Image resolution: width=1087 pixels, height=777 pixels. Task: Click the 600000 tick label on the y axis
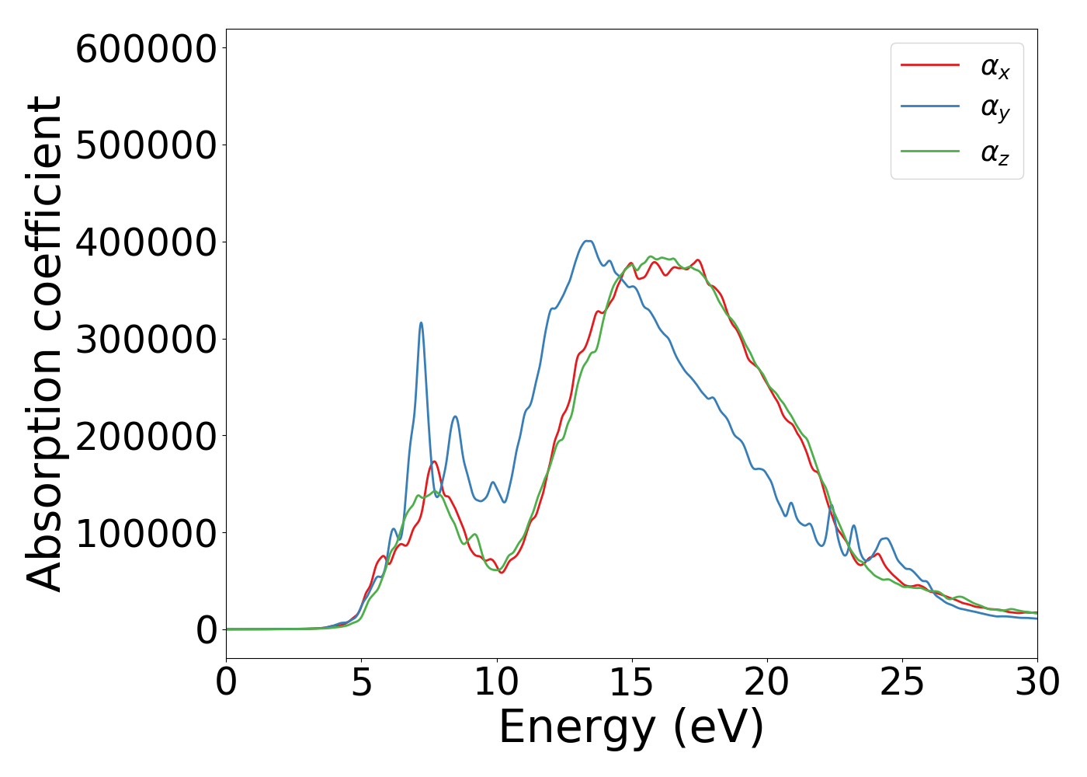[145, 49]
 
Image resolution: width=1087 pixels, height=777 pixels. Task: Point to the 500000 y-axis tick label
[145, 145]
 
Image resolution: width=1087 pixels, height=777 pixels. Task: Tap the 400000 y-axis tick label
[145, 242]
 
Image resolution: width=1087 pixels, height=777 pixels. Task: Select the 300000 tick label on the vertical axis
[145, 340]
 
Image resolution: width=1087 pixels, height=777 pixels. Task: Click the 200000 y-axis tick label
[145, 436]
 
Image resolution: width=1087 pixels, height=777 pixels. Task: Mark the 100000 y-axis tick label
[145, 533]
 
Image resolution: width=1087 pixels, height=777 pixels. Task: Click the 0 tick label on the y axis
[207, 630]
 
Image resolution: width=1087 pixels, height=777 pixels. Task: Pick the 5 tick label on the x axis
[361, 682]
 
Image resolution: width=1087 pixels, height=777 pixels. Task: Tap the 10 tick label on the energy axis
[496, 682]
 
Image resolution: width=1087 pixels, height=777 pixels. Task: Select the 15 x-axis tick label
[631, 682]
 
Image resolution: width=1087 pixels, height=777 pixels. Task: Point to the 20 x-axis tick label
[767, 682]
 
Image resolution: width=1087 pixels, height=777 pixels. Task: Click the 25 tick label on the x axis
[902, 682]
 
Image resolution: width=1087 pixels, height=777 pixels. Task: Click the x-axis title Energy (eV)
[631, 728]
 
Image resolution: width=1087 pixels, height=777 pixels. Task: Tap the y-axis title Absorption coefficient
[44, 343]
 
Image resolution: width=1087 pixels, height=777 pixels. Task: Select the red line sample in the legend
[930, 65]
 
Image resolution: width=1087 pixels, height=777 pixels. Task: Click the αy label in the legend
[995, 108]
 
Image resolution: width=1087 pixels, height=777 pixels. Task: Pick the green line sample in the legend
[930, 151]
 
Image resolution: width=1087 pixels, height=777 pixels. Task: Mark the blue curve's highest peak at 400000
[588, 241]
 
